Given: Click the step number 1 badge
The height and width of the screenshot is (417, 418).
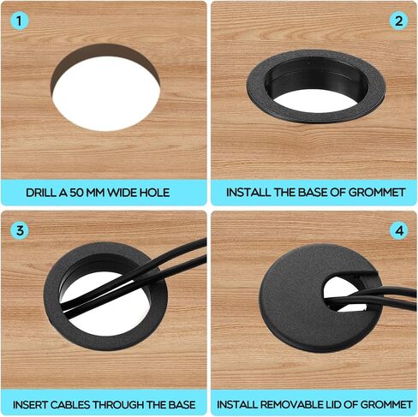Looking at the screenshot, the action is pyautogui.click(x=19, y=21).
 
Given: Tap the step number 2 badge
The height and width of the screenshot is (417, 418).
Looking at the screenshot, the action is pyautogui.click(x=398, y=21).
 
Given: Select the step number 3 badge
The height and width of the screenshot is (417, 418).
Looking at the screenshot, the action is pyautogui.click(x=20, y=230).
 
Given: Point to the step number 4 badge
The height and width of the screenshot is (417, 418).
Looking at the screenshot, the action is pyautogui.click(x=399, y=230).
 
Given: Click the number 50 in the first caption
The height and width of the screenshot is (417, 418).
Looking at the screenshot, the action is pyautogui.click(x=76, y=193).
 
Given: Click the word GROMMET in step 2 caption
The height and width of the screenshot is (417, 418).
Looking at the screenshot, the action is pyautogui.click(x=377, y=193).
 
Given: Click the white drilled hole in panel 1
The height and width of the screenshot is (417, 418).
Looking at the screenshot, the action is pyautogui.click(x=106, y=94).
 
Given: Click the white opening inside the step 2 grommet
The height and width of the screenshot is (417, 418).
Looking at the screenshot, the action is pyautogui.click(x=315, y=100).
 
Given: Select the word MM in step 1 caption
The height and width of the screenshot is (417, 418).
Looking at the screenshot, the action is pyautogui.click(x=96, y=193).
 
